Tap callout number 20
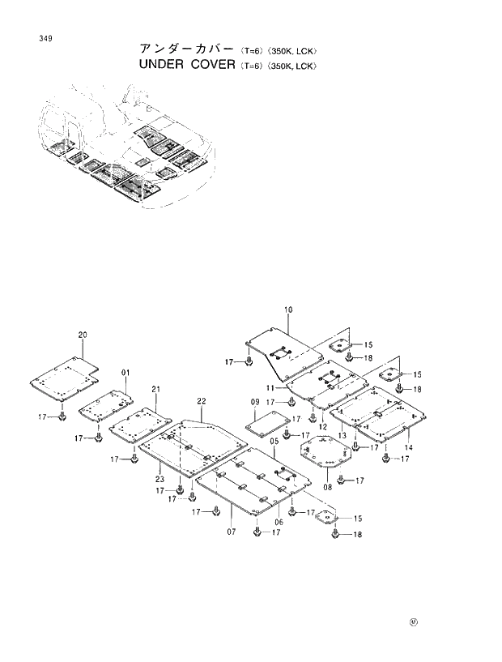pos(83,335)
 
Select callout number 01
pos(125,373)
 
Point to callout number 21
pos(155,389)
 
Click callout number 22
pos(201,401)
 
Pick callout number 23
pos(161,479)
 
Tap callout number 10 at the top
pos(288,310)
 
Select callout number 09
pos(254,403)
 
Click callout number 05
pos(274,441)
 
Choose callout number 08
pos(327,487)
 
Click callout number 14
pos(409,447)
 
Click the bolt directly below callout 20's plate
pos(62,416)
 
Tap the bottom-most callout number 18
pos(358,536)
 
